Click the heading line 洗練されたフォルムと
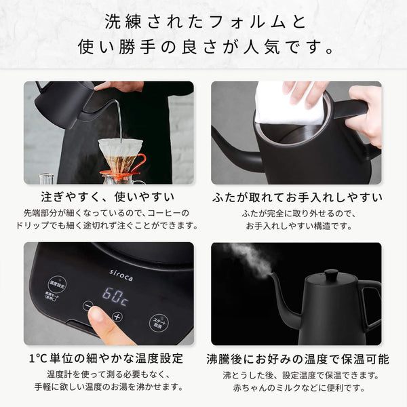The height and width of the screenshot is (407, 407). tap(203, 21)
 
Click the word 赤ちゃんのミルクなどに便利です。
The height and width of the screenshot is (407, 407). tap(296, 389)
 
